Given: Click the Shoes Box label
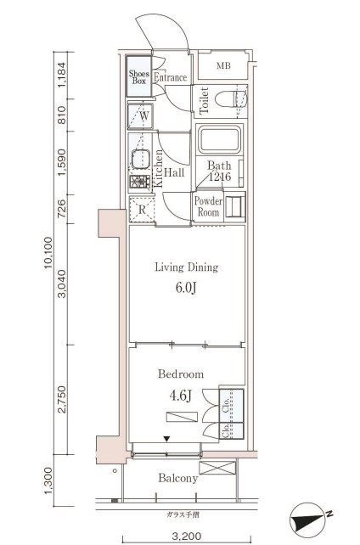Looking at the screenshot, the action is pos(139,77).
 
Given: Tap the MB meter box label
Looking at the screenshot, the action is pos(223,65).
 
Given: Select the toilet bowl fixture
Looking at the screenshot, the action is pos(231,100).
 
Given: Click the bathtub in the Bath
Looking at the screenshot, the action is pos(219,140).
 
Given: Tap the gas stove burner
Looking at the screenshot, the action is pos(140,183).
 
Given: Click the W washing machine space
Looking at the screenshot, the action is pos(140,116).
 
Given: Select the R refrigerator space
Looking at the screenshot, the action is pos(142,210).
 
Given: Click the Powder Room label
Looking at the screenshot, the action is pos(208,206).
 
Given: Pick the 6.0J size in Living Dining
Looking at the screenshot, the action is pos(186,288).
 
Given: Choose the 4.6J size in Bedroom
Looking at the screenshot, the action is pos(181,396).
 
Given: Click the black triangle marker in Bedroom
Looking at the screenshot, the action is pos(167,439).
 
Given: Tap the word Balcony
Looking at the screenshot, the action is pos(178,478).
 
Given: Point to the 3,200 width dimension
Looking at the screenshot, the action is pos(187,536).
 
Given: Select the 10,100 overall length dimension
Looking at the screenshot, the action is pos(48,253).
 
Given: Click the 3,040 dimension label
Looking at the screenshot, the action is pos(62,284).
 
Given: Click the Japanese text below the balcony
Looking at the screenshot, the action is pos(183,515).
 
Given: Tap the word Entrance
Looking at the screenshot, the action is pos(171,77).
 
